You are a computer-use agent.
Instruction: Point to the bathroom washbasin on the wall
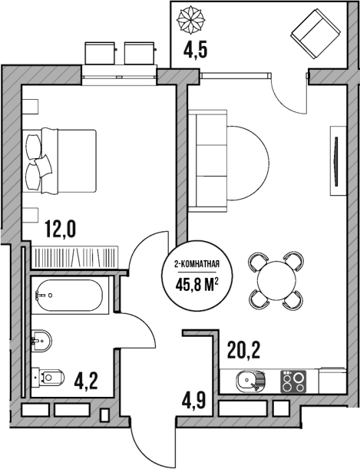(42, 338)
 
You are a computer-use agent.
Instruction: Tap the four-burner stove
(292, 379)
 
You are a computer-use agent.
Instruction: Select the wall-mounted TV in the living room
(335, 160)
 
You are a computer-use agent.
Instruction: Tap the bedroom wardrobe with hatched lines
(74, 256)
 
